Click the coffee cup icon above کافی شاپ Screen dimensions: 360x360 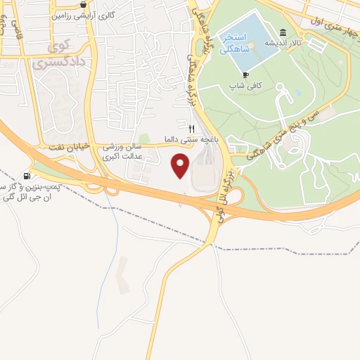pyautogui.click(x=245, y=75)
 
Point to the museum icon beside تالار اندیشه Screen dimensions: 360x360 pyautogui.click(x=283, y=32)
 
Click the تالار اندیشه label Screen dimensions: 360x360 pyautogui.click(x=283, y=43)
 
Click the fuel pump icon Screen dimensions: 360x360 pyautogui.click(x=27, y=176)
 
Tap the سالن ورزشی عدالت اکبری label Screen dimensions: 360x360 pyautogui.click(x=123, y=152)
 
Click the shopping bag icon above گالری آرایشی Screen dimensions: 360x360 pyautogui.click(x=84, y=3)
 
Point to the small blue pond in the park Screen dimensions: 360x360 pyautogui.click(x=297, y=91)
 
